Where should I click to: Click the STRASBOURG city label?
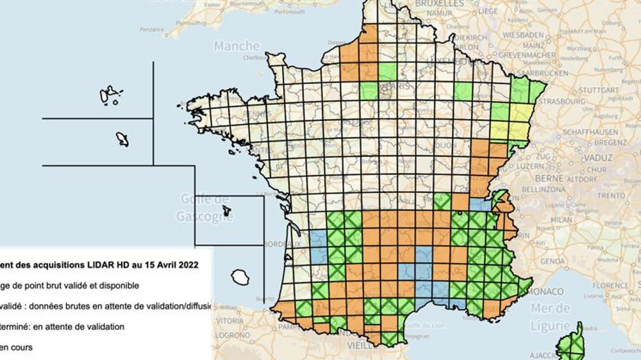point(572,101)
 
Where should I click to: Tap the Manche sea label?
point(237,46)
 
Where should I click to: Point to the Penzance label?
point(152,29)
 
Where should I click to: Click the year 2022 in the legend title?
point(186,264)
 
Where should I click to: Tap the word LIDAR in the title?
point(96,264)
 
